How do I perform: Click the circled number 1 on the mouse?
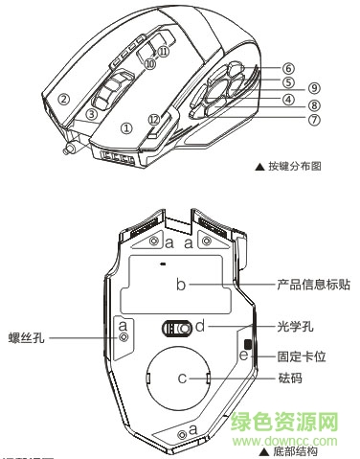(126, 126)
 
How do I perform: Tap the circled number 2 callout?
(64, 98)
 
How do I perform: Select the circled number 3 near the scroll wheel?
(92, 113)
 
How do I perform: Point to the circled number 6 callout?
(286, 69)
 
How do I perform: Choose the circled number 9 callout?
(313, 87)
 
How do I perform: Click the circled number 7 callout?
(287, 121)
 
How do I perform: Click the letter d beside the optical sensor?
(200, 327)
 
